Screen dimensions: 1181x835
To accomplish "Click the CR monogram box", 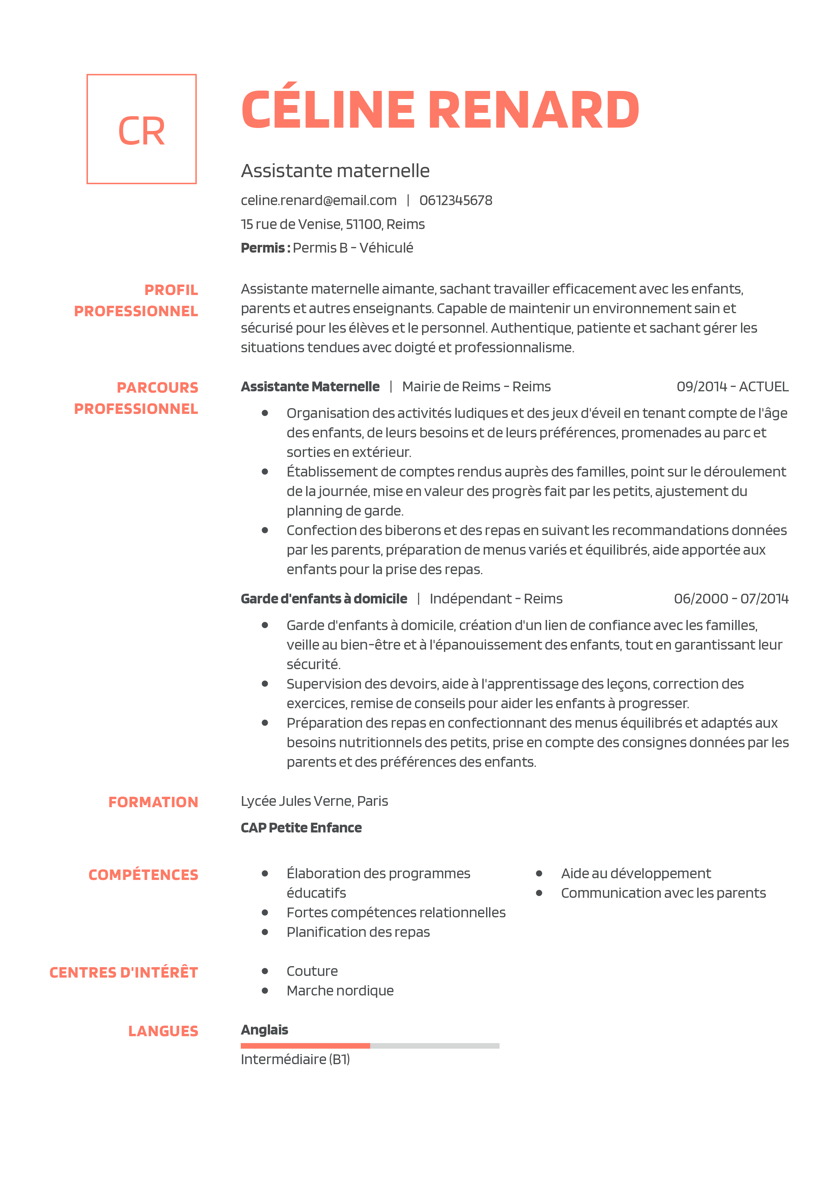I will [141, 129].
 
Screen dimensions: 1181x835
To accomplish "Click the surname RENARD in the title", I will [534, 110].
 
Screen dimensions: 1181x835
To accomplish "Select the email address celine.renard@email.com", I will [318, 201].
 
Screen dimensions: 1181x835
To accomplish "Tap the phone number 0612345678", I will [455, 201].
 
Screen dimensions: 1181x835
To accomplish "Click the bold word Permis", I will [262, 248].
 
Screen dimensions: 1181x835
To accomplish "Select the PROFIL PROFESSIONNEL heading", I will [136, 300].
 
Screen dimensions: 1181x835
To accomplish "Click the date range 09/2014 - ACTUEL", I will [732, 387].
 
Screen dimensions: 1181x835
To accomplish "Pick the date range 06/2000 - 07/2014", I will [731, 599].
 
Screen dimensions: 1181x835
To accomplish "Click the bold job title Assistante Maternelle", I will [310, 387].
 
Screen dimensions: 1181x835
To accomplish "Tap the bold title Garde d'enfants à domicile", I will [324, 599].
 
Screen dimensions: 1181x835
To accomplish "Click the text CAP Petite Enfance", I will [301, 828].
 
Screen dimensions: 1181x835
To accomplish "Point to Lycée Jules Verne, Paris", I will [314, 801].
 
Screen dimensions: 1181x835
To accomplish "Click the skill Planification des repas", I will [358, 932].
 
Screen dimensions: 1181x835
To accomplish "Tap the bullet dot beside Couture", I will [265, 971].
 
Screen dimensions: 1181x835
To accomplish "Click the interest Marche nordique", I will [340, 991].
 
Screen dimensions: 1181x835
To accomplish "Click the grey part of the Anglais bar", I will [435, 1046].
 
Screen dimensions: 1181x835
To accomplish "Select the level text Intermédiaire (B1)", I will [295, 1060].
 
